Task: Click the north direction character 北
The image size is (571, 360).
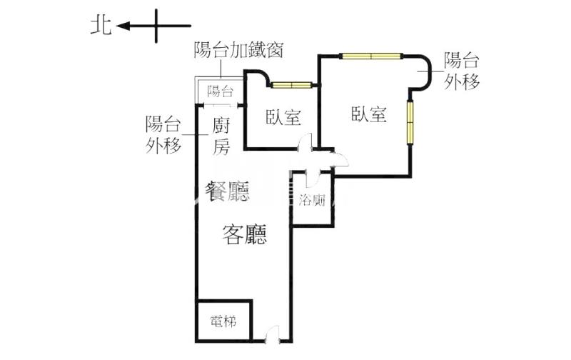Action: point(99,26)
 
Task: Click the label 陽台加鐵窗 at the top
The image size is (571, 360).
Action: point(240,49)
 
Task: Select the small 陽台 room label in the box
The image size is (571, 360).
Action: point(220,91)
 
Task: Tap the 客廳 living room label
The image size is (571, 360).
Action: point(245,234)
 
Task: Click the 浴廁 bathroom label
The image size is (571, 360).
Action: point(313,201)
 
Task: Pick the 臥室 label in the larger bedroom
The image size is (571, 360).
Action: point(368,114)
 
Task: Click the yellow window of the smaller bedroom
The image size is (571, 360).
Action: point(290,86)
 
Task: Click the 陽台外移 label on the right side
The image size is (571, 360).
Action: point(461,71)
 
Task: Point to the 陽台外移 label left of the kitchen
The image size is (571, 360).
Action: point(162,134)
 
